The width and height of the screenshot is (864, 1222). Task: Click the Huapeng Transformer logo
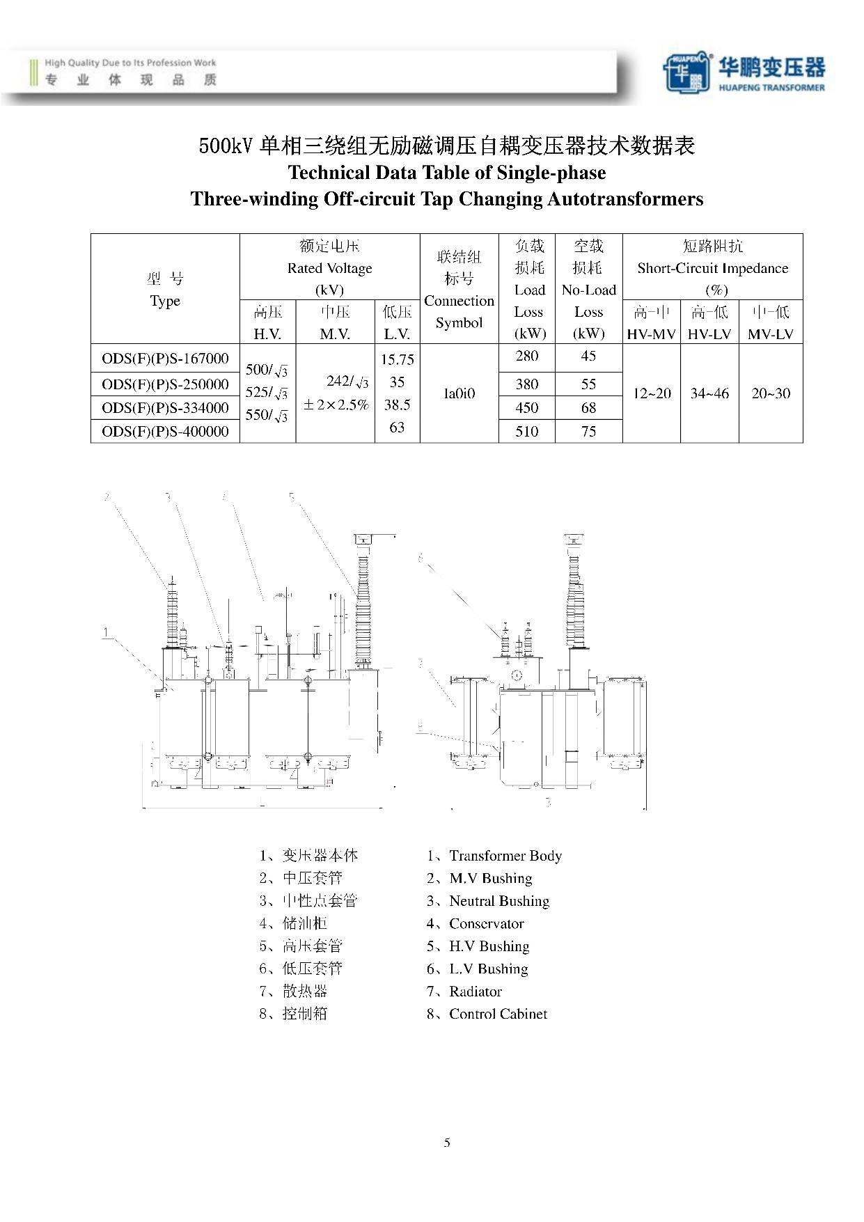[x=744, y=72]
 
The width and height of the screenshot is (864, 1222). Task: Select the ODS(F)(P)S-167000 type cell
[x=165, y=359]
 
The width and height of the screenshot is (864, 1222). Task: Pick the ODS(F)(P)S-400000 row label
[x=165, y=432]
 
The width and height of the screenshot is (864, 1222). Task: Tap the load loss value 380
[x=527, y=384]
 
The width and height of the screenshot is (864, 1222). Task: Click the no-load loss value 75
[x=588, y=432]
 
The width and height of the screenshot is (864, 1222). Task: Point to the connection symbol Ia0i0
[x=459, y=393]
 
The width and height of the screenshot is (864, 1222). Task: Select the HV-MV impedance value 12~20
[x=652, y=393]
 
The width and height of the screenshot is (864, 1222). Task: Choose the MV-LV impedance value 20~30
[x=771, y=393]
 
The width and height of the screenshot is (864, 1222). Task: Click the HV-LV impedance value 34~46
[x=709, y=393]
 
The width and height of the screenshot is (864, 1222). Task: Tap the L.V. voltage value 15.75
[x=397, y=360]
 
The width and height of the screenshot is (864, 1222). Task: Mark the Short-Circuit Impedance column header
[x=712, y=268]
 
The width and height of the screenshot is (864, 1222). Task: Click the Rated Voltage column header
[x=329, y=268]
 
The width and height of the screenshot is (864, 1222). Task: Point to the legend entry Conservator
[x=486, y=924]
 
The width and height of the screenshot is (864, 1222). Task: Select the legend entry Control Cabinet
[x=498, y=1015]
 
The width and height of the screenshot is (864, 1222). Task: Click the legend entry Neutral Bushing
[x=499, y=902]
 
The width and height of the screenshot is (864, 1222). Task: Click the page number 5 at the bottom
[x=447, y=1143]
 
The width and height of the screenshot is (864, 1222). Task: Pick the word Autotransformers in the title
[x=625, y=199]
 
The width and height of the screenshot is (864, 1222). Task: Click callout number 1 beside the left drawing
[x=106, y=632]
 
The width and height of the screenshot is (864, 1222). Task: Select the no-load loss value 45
[x=588, y=357]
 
